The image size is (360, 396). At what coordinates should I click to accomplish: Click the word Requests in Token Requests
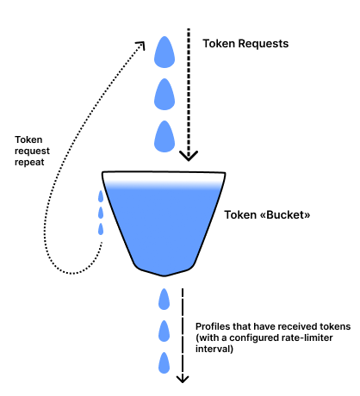click(264, 44)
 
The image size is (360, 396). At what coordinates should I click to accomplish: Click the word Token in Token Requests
click(219, 44)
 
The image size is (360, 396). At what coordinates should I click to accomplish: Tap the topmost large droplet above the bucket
click(164, 52)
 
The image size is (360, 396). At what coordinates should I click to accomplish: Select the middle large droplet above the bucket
click(164, 94)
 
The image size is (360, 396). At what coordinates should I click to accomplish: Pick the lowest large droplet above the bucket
click(164, 136)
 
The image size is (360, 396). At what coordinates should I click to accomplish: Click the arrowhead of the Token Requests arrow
click(189, 156)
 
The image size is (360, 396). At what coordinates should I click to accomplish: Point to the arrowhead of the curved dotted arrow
click(141, 45)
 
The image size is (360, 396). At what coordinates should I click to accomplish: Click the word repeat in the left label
click(29, 163)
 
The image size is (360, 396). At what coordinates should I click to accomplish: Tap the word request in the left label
click(32, 152)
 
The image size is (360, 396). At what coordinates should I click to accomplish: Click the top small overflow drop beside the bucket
click(101, 196)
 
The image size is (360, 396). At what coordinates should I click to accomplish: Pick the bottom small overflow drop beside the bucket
click(101, 229)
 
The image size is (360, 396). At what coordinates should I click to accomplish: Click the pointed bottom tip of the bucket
click(164, 275)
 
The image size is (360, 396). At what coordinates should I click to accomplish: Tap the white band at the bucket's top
click(164, 177)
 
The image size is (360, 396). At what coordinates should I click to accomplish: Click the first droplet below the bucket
click(164, 300)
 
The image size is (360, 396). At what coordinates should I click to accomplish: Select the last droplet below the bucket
click(164, 362)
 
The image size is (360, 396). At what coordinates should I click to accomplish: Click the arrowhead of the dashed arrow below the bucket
click(183, 379)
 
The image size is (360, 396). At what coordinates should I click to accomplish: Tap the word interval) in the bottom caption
click(214, 350)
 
